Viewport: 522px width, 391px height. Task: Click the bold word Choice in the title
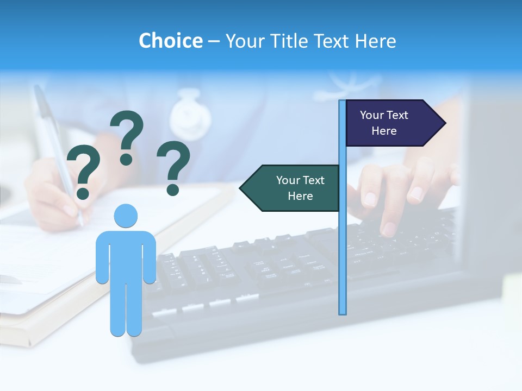point(170,41)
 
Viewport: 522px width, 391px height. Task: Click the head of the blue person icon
point(126,216)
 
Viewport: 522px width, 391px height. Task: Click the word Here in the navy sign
point(384,131)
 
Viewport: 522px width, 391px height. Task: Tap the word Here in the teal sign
point(300,196)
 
